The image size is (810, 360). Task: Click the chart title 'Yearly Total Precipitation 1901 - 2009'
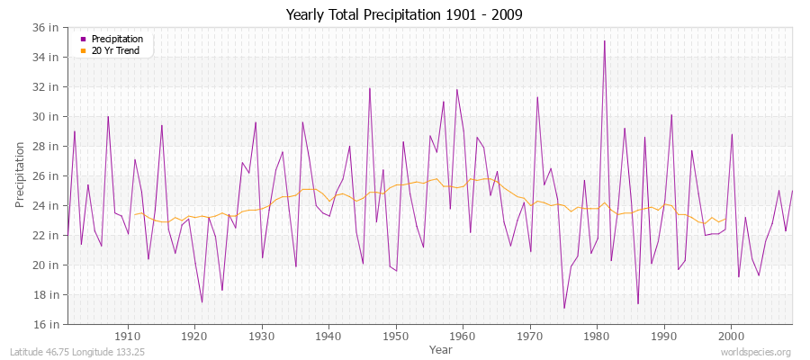404,14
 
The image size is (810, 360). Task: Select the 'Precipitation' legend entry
116,40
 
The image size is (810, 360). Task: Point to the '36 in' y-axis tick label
46,27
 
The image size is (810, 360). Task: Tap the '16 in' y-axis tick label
46,324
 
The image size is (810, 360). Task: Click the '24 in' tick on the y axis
46,205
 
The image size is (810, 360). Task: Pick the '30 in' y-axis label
46,116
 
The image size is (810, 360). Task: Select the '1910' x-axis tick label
128,337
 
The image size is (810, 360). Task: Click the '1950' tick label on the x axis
396,337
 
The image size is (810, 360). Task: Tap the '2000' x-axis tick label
731,337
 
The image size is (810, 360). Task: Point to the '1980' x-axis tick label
597,337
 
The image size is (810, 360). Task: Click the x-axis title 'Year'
441,349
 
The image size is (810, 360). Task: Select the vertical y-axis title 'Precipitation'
20,175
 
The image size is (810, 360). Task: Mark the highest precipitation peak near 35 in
604,40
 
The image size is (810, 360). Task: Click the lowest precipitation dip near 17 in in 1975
564,308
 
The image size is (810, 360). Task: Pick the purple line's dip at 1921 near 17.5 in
202,301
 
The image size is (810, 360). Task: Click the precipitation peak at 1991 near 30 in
671,114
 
